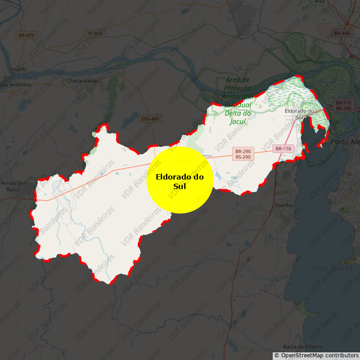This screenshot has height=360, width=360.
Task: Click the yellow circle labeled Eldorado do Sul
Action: pos(180,180)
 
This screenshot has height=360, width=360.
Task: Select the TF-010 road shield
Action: pos(94,33)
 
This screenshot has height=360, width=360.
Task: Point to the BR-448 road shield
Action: pos(342,33)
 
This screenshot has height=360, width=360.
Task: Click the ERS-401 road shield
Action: pos(150,119)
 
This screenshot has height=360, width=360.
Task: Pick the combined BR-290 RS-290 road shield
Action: pos(243,154)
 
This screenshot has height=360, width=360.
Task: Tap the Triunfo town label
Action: pos(18,69)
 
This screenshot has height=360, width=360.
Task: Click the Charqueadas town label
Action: pos(82,81)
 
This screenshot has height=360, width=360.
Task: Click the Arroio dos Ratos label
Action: pos(13,186)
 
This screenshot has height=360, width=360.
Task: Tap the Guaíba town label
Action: pos(283,205)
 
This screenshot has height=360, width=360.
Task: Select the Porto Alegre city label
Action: pos(345,141)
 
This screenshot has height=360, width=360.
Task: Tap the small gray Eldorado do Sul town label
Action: pos(299,113)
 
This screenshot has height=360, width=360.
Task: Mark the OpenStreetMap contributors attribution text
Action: pos(319,355)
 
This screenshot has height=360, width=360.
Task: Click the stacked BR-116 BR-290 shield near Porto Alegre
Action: pos(343,106)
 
